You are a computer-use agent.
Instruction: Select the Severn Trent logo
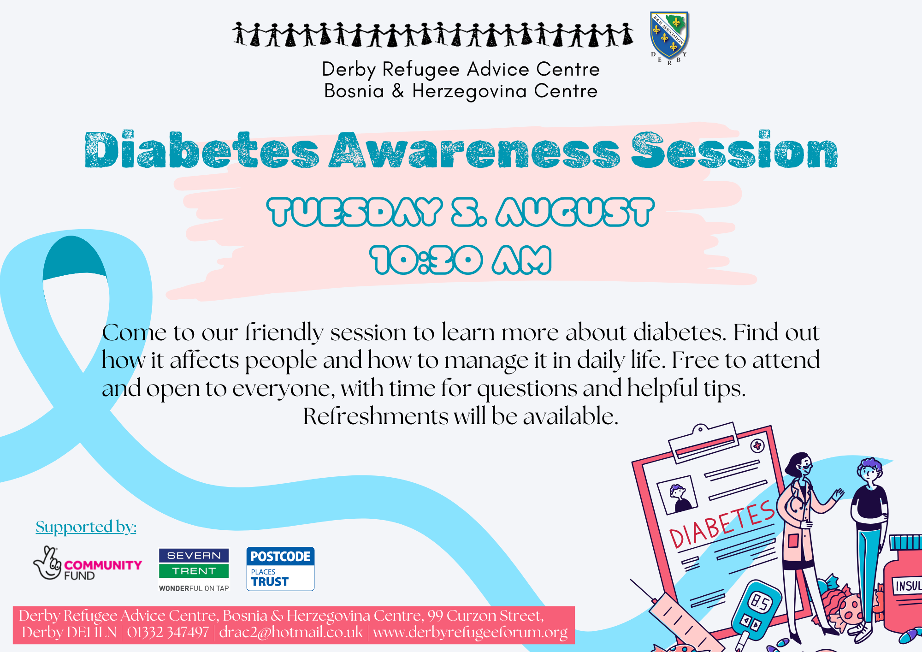tap(194, 569)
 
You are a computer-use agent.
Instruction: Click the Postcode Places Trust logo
tap(280, 569)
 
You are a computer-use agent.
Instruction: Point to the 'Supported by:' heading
tap(86, 527)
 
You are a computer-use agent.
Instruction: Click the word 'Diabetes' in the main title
tap(202, 150)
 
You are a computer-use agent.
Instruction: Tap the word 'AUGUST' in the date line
tap(575, 212)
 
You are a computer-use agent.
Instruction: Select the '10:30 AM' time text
tap(461, 260)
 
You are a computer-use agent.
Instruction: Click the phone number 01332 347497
tap(168, 632)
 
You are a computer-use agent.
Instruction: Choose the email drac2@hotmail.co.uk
tap(291, 632)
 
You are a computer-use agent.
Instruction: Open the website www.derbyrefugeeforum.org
tap(470, 633)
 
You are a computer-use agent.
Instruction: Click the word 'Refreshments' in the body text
tap(375, 416)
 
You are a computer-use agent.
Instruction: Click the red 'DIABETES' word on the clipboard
tap(722, 524)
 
